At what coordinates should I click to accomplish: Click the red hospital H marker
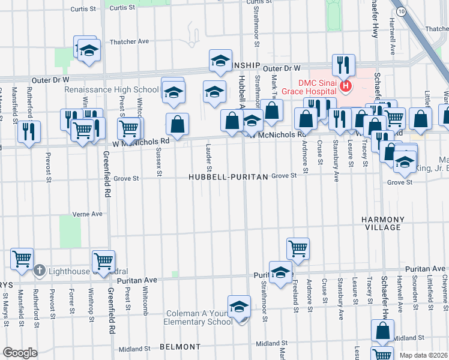346,87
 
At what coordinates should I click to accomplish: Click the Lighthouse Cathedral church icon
40,269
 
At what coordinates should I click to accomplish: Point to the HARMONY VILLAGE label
381,224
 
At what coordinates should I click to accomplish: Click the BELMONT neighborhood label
180,347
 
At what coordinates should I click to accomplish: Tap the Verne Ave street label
88,214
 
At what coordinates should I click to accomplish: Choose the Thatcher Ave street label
129,41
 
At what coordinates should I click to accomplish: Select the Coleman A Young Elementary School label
199,317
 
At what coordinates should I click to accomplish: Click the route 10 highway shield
400,11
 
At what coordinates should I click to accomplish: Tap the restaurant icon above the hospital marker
344,64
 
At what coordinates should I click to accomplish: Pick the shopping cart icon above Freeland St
298,247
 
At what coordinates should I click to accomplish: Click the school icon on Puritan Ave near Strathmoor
280,272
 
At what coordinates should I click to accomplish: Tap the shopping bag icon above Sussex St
178,125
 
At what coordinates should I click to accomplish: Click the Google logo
20,352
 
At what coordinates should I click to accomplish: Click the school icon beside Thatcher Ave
89,52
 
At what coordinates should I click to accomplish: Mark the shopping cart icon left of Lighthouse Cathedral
22,259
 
